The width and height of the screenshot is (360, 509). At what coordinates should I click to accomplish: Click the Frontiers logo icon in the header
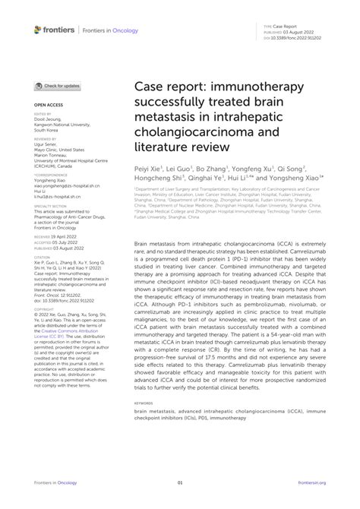click(x=38, y=29)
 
